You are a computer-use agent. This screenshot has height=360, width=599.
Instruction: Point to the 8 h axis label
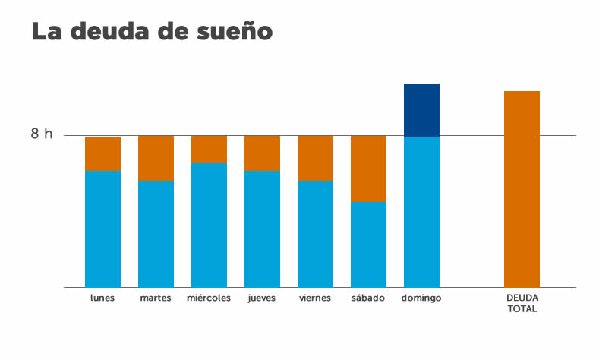(42, 134)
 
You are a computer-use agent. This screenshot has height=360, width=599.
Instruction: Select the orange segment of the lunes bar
(102, 154)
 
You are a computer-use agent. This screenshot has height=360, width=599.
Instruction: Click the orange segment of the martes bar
(156, 158)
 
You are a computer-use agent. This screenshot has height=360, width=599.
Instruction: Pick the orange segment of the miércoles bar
(209, 150)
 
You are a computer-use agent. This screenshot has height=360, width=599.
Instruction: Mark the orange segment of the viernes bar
(315, 158)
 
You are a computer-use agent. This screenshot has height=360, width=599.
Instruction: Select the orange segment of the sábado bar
(368, 169)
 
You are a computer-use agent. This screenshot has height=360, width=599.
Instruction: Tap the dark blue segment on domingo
(421, 110)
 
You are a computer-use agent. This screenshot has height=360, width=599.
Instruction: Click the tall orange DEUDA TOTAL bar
(522, 189)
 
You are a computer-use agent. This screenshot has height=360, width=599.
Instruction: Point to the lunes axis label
(102, 298)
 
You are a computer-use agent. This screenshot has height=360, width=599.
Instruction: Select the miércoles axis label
(209, 298)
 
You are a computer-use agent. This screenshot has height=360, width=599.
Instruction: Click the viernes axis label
(315, 298)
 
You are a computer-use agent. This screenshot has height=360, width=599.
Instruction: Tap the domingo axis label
(421, 298)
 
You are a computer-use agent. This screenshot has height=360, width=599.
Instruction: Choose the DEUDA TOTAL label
(522, 303)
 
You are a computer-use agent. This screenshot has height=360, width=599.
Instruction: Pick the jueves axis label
(262, 298)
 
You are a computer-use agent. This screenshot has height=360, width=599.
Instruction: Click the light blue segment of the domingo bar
(421, 212)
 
